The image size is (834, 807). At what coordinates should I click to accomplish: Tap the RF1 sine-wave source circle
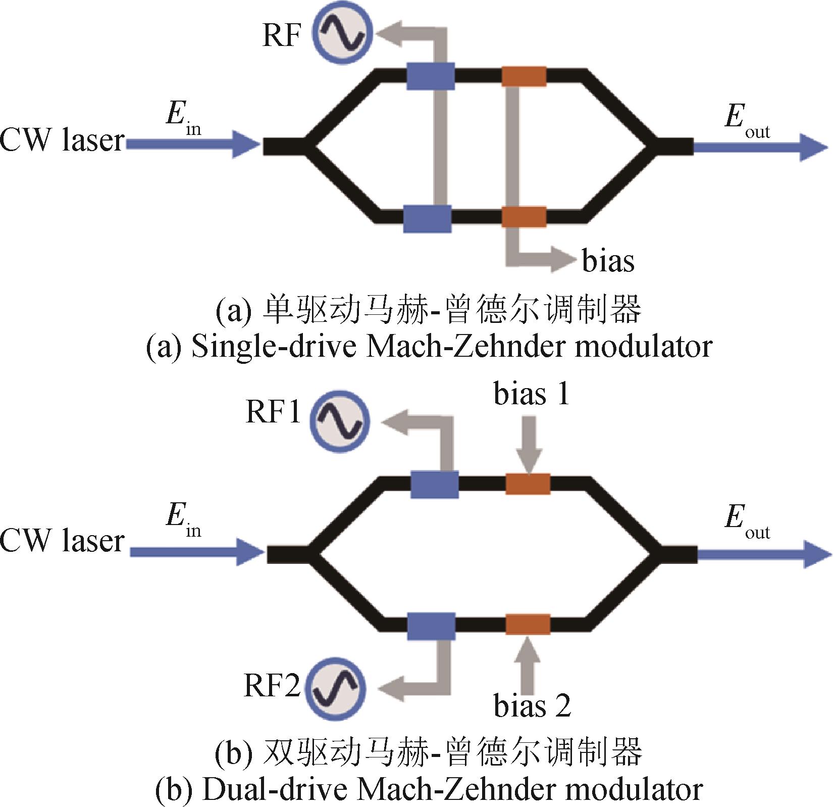tap(339, 421)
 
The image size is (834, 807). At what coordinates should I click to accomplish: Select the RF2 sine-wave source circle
tap(336, 687)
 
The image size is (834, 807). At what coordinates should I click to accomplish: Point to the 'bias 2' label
tap(532, 705)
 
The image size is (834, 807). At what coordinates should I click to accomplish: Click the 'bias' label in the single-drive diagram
tap(608, 261)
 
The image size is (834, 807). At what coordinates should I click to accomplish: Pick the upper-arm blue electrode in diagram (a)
tap(430, 76)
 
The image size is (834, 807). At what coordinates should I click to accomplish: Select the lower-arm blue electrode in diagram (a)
tap(427, 219)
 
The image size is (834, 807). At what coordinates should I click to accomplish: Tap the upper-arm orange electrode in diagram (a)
tap(524, 77)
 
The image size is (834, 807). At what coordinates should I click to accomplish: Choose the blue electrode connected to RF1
tap(435, 484)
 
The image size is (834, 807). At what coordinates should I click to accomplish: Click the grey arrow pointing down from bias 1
tap(529, 445)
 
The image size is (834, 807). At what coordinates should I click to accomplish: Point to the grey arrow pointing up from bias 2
tap(528, 663)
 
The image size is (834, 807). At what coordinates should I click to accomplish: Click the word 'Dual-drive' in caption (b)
tap(276, 789)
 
